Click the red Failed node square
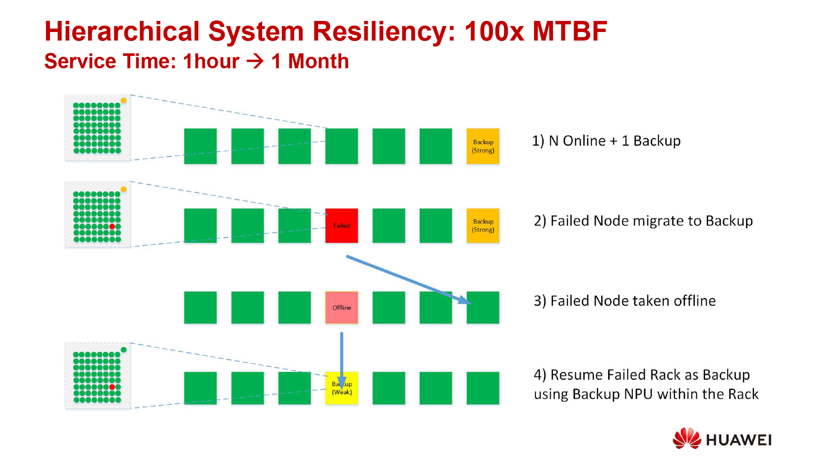(x=341, y=225)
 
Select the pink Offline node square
(x=341, y=307)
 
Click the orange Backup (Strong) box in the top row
(x=483, y=146)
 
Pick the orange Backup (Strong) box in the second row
(x=483, y=225)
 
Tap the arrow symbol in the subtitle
(x=255, y=61)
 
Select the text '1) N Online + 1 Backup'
(x=606, y=141)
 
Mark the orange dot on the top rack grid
(x=123, y=101)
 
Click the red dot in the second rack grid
(x=112, y=226)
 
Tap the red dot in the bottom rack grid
(x=112, y=387)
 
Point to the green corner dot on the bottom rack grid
(x=123, y=350)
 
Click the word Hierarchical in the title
(x=122, y=31)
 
